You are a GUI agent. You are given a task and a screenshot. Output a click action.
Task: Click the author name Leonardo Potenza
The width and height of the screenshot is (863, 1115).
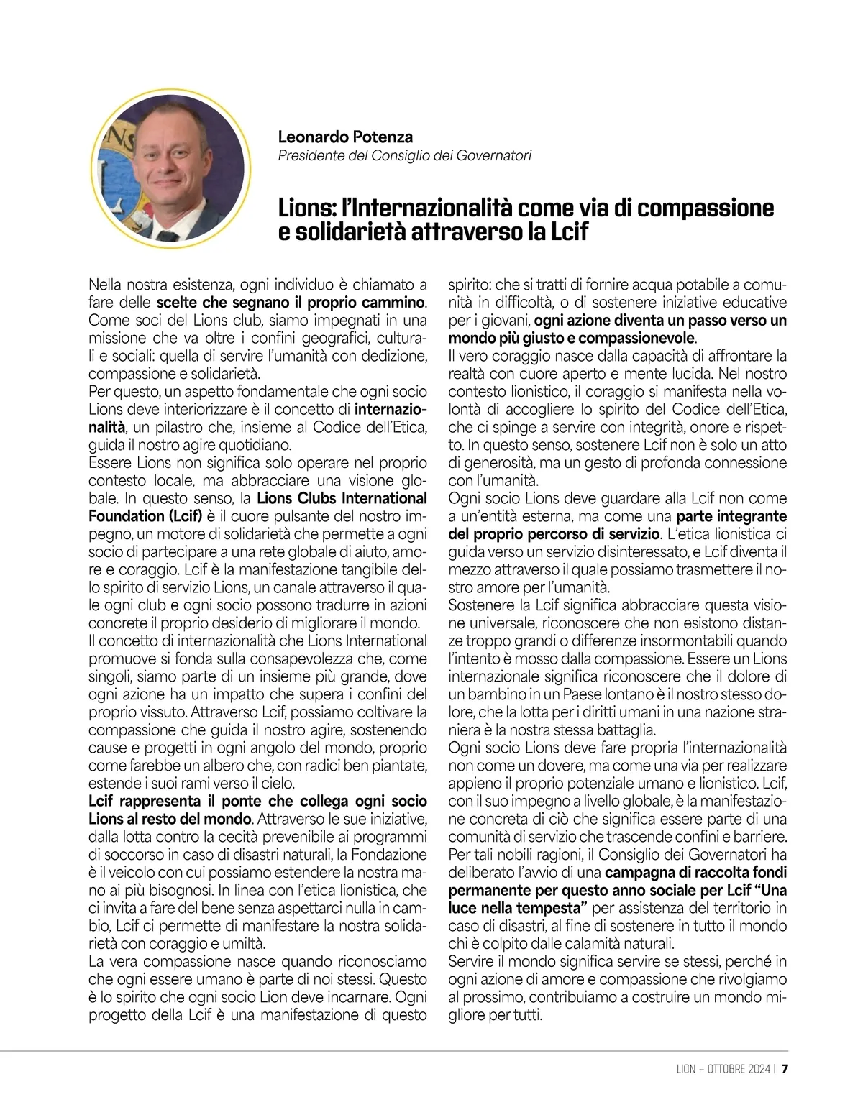pyautogui.click(x=345, y=137)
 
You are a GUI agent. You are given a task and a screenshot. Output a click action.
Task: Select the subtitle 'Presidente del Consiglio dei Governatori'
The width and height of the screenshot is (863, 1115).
pyautogui.click(x=405, y=155)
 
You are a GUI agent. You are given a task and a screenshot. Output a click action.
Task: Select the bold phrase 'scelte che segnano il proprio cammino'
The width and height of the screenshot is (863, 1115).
pyautogui.click(x=290, y=303)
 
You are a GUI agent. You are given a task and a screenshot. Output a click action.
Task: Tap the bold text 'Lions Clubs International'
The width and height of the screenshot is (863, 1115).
pyautogui.click(x=342, y=498)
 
